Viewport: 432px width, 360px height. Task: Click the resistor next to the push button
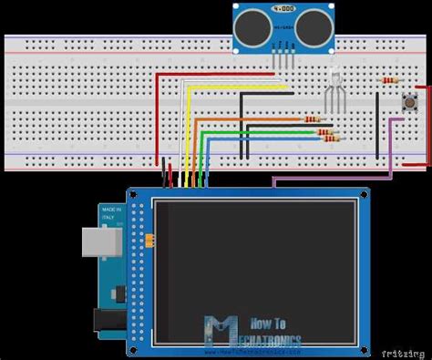pyautogui.click(x=390, y=80)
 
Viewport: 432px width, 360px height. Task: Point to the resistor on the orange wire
pyautogui.click(x=312, y=119)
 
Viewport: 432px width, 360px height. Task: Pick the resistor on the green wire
pyautogui.click(x=324, y=131)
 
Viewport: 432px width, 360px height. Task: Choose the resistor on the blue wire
pyautogui.click(x=329, y=139)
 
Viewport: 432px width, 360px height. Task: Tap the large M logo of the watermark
pyautogui.click(x=218, y=329)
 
